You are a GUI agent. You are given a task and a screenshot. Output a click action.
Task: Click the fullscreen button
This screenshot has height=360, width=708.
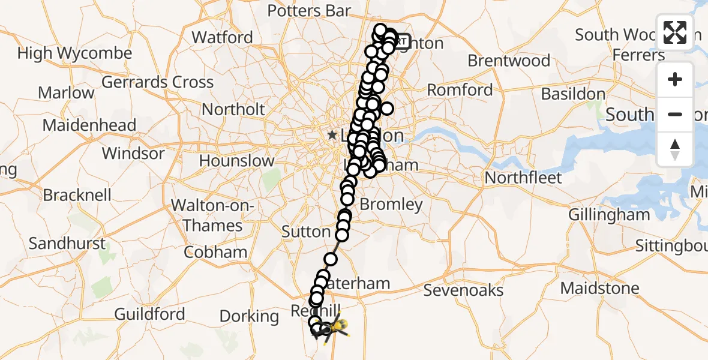675,32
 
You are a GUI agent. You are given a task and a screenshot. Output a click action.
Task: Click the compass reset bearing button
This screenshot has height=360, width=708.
675,149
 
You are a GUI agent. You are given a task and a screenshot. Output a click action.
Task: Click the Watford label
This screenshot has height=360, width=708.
222,37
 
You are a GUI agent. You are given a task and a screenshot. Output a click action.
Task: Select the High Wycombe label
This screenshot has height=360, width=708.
74,53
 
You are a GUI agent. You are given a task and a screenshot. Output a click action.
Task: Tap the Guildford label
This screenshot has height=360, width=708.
149,314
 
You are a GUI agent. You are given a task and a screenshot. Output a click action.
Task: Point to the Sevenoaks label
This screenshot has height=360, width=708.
463,290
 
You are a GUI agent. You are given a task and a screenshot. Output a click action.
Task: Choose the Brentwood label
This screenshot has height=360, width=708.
509,61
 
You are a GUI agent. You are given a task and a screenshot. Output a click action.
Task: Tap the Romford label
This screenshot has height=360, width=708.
460,91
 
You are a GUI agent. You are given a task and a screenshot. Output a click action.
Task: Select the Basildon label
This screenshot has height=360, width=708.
573,94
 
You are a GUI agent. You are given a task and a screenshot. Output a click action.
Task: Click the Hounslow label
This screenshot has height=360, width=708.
236,161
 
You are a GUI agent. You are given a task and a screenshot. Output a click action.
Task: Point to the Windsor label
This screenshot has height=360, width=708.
133,153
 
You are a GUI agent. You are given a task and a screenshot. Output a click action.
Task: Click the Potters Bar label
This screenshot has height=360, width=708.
309,11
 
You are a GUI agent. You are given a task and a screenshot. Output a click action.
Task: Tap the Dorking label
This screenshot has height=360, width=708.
249,316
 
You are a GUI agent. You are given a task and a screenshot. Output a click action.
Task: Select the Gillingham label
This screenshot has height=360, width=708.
609,215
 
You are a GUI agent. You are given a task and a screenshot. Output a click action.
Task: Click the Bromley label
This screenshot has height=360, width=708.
391,204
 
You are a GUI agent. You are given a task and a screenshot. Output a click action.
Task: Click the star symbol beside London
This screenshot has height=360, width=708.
332,136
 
